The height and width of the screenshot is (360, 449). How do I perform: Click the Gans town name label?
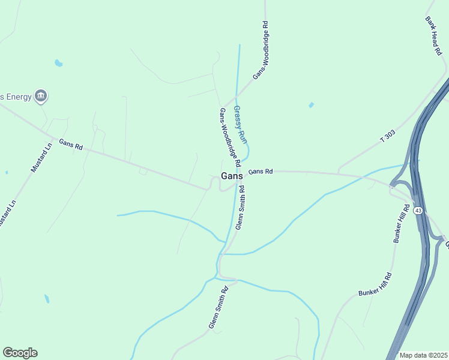tap(232, 176)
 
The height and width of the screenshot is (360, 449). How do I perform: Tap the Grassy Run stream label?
tap(240, 124)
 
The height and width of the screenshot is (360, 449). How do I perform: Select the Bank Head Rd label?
tap(433, 36)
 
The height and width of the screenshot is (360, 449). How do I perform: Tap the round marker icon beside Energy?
tap(41, 95)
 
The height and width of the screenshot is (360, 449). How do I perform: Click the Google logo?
tap(20, 353)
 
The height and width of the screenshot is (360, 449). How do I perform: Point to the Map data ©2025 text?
tap(423, 355)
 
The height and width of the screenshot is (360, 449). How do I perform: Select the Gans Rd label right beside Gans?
tap(261, 172)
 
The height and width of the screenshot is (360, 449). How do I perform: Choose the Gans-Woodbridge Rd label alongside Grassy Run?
tap(230, 137)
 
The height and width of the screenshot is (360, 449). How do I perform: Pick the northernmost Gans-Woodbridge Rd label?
tap(259, 50)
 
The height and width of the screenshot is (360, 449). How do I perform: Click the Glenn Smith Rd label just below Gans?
tap(240, 208)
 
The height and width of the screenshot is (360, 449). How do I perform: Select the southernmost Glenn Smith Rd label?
tap(218, 307)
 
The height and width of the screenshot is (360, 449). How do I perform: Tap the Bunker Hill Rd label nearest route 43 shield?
tap(400, 224)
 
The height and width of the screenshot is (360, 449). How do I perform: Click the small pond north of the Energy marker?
tap(58, 62)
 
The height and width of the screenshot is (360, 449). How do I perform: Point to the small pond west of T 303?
tap(311, 105)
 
